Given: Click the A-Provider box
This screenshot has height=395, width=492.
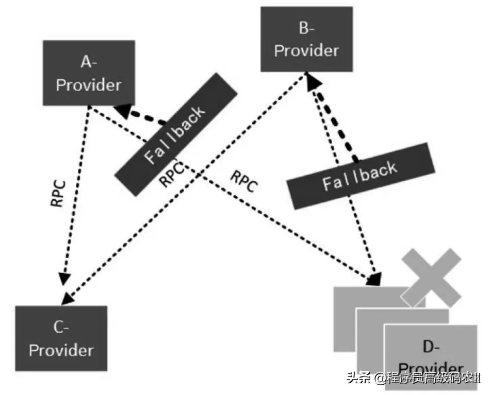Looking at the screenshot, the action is [x=89, y=73].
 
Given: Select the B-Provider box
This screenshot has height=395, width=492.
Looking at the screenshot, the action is [x=307, y=39].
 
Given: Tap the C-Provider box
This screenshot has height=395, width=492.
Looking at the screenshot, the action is [x=61, y=339].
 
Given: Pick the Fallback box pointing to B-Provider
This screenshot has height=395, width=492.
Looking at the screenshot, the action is [x=361, y=176].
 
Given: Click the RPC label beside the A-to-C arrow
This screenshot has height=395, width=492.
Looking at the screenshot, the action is [x=58, y=193].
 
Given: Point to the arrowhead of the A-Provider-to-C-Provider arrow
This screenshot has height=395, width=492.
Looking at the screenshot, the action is [x=65, y=278].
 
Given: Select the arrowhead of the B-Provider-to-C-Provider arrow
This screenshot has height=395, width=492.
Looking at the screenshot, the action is [x=68, y=299].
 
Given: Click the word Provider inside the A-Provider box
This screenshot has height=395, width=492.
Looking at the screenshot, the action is [x=89, y=85].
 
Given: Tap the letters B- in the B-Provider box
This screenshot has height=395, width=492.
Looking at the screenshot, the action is [x=306, y=28].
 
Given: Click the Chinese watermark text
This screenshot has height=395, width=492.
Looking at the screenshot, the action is [x=414, y=378].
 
